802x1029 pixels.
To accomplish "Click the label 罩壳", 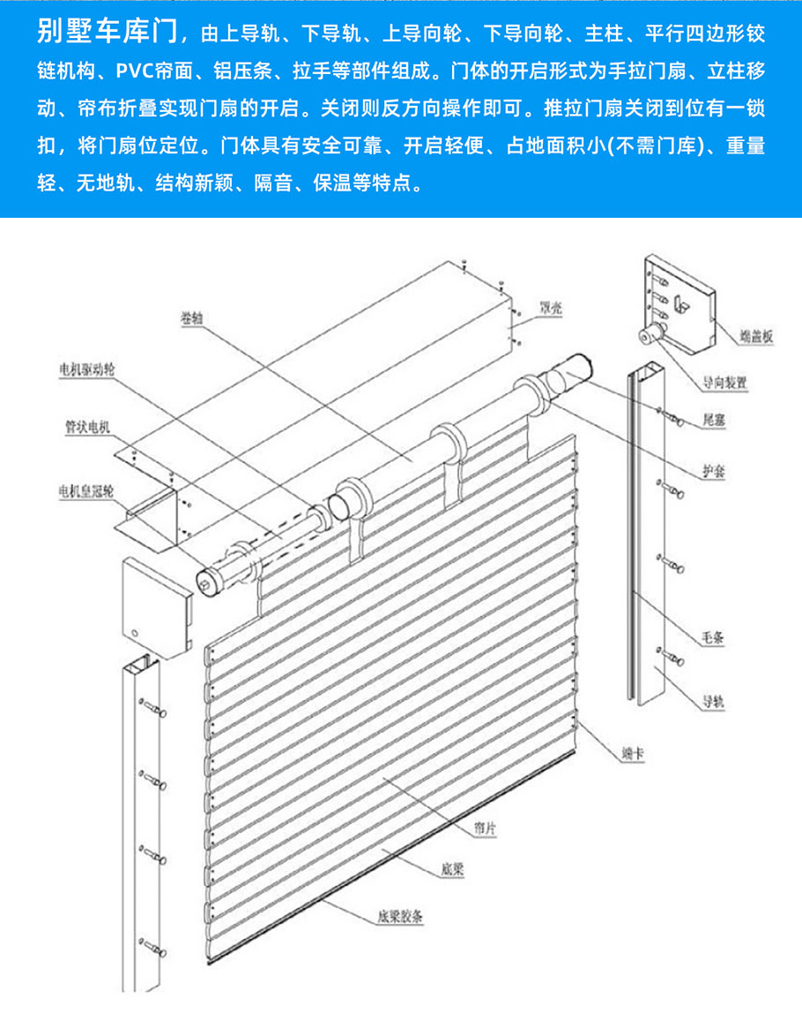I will pos(552,309).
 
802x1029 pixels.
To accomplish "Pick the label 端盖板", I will pos(756,335).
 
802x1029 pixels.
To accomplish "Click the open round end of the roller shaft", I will pos(340,506).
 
